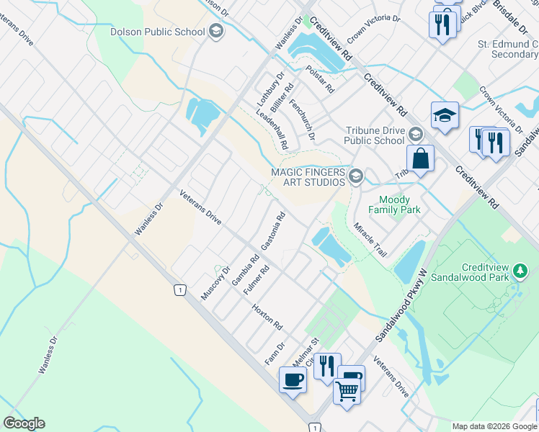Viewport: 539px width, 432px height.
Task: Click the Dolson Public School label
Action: (156, 32)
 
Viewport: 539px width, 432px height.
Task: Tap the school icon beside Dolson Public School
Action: (215, 32)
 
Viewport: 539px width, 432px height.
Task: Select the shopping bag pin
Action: (419, 158)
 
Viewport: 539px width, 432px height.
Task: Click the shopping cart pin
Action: (347, 392)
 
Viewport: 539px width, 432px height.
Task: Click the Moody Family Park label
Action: (394, 204)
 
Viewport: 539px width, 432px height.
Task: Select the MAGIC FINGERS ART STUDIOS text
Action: (307, 177)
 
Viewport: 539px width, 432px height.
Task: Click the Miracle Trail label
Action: (370, 240)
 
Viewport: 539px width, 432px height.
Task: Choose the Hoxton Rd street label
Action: (267, 318)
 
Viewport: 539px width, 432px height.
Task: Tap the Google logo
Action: (24, 423)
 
